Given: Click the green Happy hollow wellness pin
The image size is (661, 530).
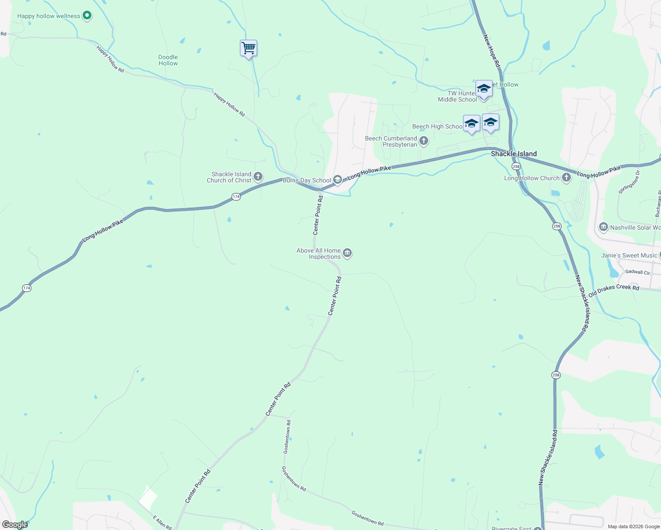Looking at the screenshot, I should coord(87,16).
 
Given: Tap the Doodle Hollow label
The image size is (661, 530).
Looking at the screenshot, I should coord(168,60).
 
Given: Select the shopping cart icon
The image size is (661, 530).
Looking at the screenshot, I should coord(249,48).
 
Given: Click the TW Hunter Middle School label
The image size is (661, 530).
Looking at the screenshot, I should coord(457,96).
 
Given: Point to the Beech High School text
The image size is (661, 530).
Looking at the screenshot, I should coord(437,126).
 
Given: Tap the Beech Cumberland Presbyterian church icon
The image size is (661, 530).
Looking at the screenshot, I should coord(424,141).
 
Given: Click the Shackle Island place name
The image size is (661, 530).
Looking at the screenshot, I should coord(513,154).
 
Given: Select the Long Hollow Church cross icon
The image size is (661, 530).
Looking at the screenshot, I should coord(566,178).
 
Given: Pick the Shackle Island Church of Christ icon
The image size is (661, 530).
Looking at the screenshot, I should coord(258,177).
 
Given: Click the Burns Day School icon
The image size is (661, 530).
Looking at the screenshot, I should coord(338,179).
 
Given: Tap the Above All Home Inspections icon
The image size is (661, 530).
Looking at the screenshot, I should coord(347,253).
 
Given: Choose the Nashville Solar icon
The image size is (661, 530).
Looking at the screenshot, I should coord(604,227).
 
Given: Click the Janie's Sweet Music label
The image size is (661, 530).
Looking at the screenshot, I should coord(629,255).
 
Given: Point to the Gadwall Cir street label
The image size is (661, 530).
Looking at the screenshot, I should coord(638,272).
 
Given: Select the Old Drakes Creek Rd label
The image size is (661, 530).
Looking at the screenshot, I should coord(613,290).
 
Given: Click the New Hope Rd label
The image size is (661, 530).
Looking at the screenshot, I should coord(492,51).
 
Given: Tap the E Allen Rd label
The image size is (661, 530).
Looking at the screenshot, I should coord(162,522).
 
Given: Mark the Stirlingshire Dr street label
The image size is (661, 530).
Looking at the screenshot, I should coord(629,182).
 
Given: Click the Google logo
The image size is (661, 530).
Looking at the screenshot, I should coord(15,525).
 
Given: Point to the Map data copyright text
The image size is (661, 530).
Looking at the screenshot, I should coord(634,526).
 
